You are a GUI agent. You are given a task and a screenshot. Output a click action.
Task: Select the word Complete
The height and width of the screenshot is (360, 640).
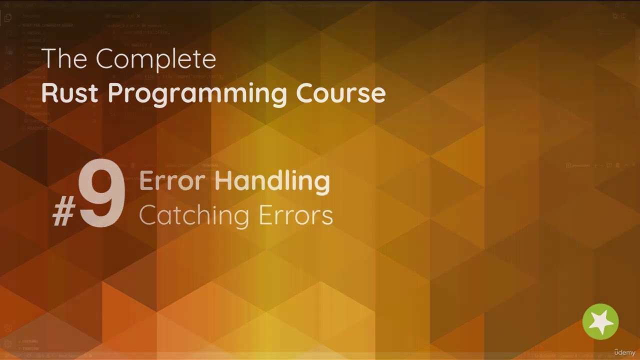tap(156, 60)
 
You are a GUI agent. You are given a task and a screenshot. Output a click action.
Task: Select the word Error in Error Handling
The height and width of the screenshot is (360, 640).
tap(173, 181)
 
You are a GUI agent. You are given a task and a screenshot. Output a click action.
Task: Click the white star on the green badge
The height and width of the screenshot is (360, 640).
tap(600, 321)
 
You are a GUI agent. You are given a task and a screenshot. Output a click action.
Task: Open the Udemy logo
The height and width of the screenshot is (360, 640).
tap(624, 352)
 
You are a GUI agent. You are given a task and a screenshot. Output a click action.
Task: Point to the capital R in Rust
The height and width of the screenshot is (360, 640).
tap(48, 93)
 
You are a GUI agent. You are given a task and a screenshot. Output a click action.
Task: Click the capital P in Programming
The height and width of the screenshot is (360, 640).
tap(115, 93)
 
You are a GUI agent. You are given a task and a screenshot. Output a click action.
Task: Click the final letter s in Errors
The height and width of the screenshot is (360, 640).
tap(328, 217)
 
